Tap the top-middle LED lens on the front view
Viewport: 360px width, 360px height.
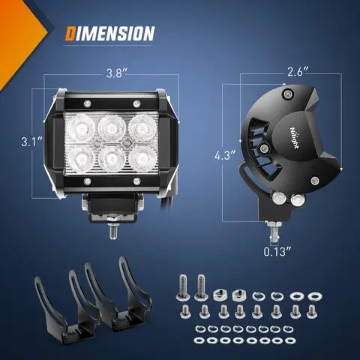tap(112, 124)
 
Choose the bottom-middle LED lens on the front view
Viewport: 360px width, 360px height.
tap(112, 158)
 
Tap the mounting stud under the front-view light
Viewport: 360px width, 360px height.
tap(112, 229)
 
